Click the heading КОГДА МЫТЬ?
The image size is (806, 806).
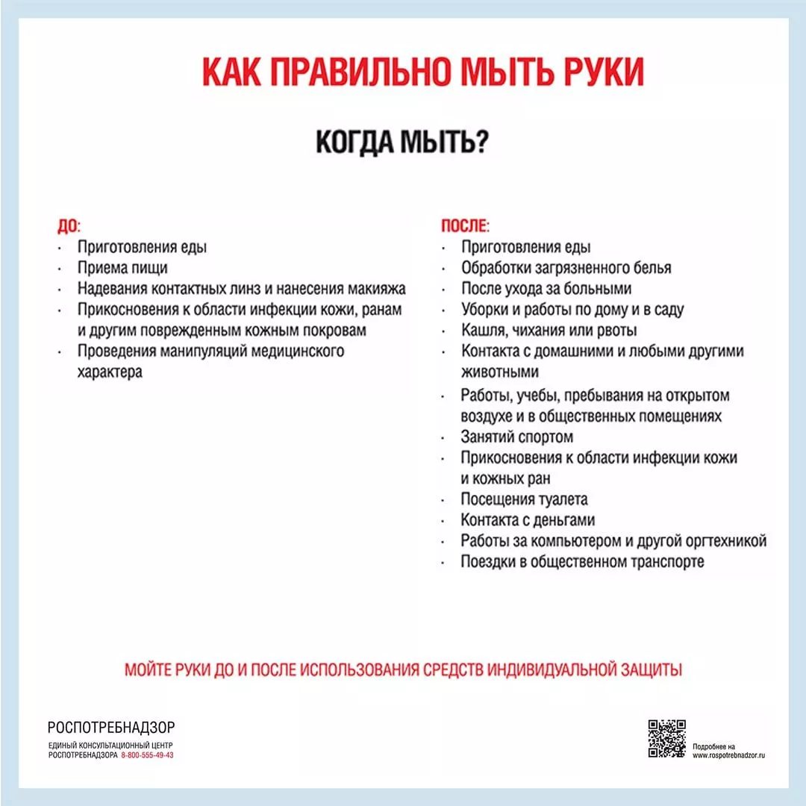point(402,142)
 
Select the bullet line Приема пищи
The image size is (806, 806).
point(122,268)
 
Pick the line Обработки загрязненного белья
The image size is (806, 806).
point(566,268)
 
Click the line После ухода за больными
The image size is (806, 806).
point(546,289)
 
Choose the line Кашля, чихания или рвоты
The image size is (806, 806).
point(549,330)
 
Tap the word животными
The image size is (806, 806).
point(500,372)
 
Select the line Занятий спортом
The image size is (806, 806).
point(517,437)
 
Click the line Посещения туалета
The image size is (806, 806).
point(524,499)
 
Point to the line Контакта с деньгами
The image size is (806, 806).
point(528,520)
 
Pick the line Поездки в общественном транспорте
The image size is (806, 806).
point(582,562)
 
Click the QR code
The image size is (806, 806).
point(666,738)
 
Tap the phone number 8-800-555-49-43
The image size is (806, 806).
point(147,755)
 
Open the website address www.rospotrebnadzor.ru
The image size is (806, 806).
point(729,755)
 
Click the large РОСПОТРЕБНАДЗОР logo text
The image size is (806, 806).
point(111,728)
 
